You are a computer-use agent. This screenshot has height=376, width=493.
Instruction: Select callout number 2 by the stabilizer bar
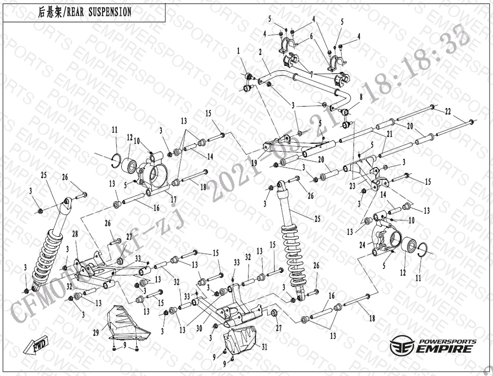260,52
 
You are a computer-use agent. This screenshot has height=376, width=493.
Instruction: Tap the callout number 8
360,96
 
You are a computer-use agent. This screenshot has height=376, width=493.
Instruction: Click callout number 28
74,235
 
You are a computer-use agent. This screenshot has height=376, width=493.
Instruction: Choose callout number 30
199,329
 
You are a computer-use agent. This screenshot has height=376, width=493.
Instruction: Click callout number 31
265,347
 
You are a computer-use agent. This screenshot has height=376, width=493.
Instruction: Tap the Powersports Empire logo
432,345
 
